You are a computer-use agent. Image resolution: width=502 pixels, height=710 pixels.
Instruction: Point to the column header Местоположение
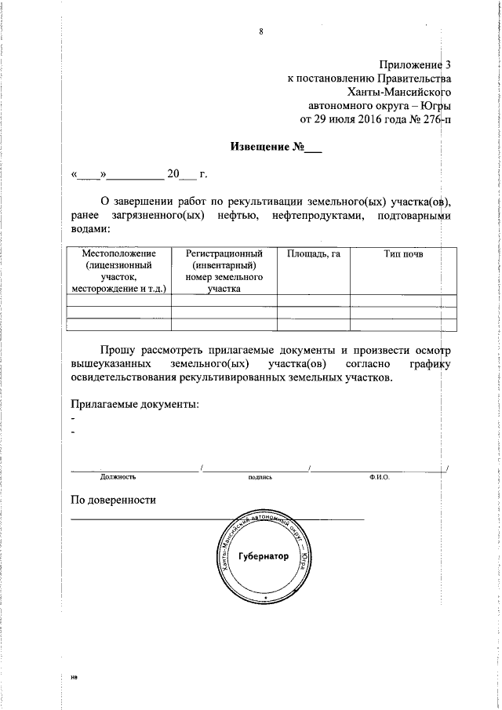tap(119, 254)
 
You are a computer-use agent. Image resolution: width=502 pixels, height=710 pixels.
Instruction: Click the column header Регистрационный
tap(224, 254)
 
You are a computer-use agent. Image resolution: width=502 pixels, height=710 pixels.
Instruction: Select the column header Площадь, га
tap(313, 254)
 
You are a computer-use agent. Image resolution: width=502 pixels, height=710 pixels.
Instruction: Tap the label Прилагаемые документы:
tap(134, 404)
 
